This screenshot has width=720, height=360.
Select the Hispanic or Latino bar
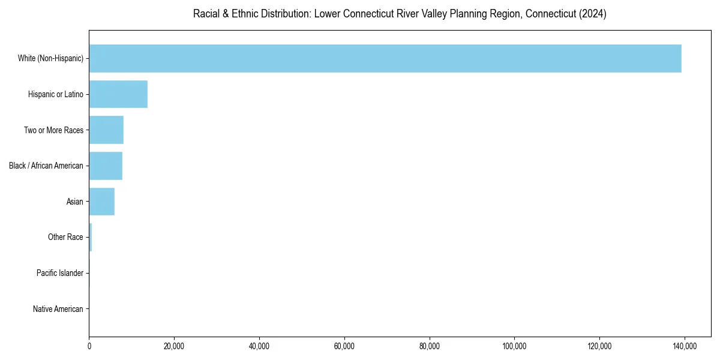[118, 94]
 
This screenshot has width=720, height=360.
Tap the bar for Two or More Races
[106, 130]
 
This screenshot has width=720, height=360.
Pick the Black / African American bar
[106, 166]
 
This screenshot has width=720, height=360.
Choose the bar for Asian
[101, 202]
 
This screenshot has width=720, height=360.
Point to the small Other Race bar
[91, 238]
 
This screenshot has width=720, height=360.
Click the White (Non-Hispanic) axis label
[50, 58]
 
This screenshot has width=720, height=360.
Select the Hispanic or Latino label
[56, 94]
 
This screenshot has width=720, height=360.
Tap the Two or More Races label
[53, 130]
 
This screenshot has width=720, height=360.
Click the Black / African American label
[46, 166]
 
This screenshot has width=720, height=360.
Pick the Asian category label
[75, 202]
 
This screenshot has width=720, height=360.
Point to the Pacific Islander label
[60, 273]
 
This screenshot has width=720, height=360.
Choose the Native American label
[58, 309]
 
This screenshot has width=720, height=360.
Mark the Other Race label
[65, 238]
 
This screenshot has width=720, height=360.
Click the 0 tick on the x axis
[89, 346]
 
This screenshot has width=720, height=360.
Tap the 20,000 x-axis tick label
[174, 346]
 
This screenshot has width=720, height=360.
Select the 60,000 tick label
[344, 346]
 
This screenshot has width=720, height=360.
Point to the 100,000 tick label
[514, 346]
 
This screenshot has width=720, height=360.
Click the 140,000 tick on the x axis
[685, 346]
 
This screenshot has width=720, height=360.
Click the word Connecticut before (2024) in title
[551, 14]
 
